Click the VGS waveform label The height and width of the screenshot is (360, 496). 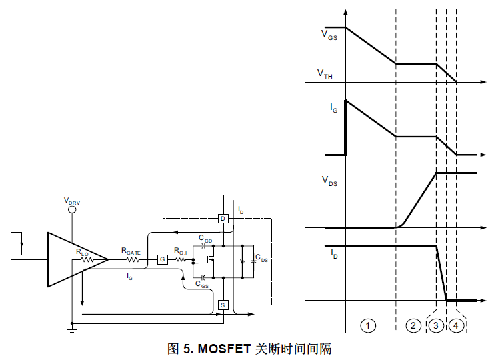click(329, 35)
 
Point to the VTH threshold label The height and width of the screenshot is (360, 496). click(325, 75)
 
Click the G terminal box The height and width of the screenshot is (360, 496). click(161, 259)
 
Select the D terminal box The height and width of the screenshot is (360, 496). click(223, 219)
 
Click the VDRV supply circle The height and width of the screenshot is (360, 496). click(73, 209)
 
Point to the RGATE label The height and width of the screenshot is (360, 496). click(131, 251)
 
